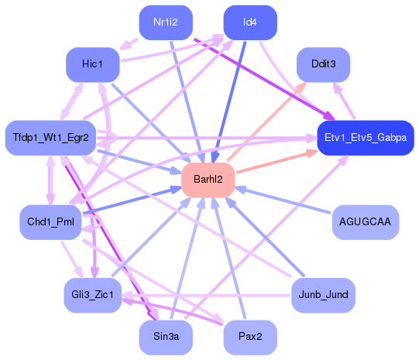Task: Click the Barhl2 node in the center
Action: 208,180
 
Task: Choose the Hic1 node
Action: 92,63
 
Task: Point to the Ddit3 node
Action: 323,63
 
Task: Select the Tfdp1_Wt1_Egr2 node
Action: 50,138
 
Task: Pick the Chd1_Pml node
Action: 50,222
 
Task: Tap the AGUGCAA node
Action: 365,222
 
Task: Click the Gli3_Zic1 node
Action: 92,295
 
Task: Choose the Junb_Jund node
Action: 323,295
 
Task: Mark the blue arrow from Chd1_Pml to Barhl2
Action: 132,201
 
